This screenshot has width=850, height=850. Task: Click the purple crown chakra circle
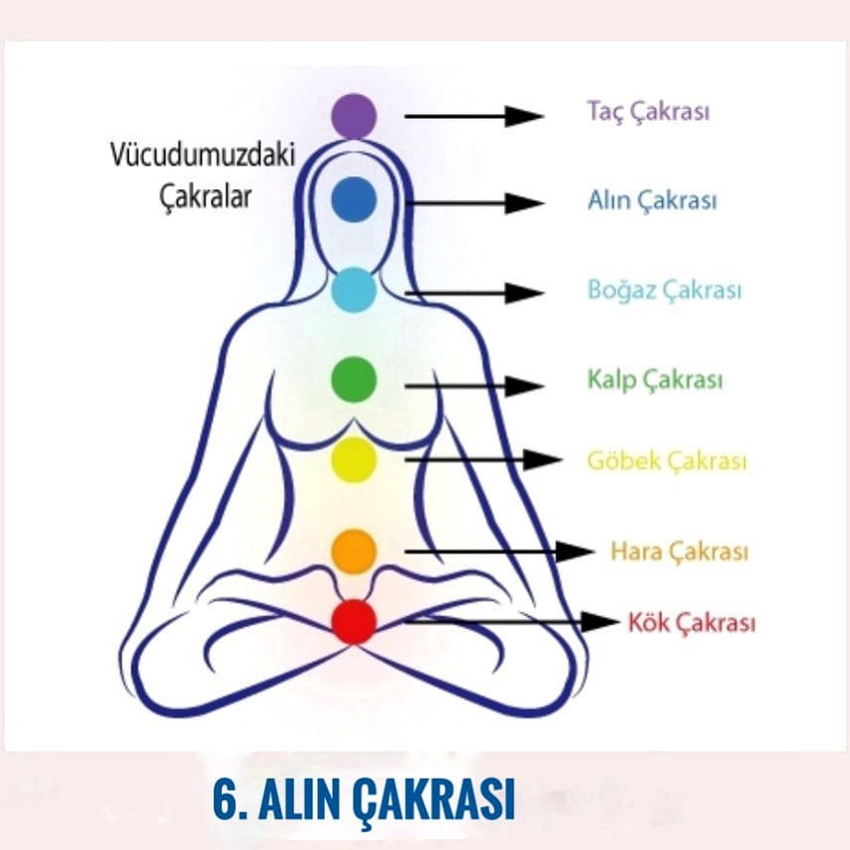354,116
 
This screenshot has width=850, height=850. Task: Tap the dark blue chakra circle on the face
354,199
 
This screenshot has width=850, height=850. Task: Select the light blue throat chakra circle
354,290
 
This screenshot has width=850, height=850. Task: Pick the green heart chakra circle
354,379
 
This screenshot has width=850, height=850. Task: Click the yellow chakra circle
354,460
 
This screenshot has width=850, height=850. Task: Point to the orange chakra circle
354,552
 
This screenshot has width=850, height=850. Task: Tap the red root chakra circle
354,622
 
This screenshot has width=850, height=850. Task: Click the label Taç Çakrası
648,112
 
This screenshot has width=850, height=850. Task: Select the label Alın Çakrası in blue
652,200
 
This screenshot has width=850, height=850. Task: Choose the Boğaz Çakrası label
665,290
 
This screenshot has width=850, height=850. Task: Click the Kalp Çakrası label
656,379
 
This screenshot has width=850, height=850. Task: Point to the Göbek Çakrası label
668,462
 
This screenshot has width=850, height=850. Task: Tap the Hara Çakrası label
680,552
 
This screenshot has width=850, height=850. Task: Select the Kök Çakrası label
691,622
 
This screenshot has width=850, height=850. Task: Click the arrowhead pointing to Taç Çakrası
524,117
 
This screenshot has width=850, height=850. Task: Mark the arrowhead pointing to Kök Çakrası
600,622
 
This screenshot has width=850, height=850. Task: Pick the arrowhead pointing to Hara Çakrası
576,552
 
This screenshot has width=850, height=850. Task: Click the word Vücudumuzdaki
203,155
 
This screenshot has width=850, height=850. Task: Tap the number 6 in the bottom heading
225,800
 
